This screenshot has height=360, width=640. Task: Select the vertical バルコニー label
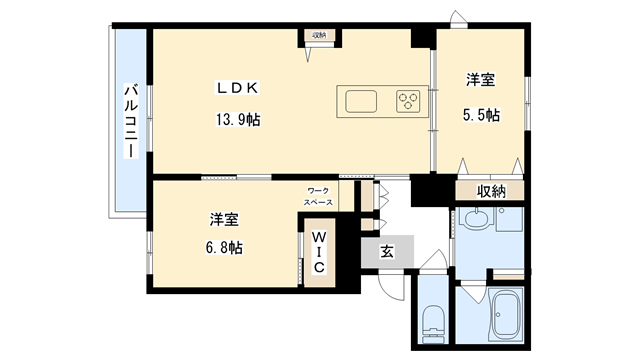(x=130, y=120)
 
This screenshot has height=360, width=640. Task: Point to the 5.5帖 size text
(x=481, y=114)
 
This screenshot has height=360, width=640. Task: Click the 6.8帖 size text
(x=223, y=247)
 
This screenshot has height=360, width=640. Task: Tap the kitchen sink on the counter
(x=361, y=100)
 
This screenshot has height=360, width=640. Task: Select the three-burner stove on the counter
(x=408, y=100)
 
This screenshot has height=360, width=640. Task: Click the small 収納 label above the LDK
(x=319, y=36)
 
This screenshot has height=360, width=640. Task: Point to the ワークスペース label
(x=319, y=195)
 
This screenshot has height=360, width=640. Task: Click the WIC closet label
(x=316, y=252)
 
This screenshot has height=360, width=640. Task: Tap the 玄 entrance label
(x=386, y=252)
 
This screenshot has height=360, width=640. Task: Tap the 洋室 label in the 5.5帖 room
(x=481, y=79)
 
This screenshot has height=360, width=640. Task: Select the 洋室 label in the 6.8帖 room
(x=223, y=218)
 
